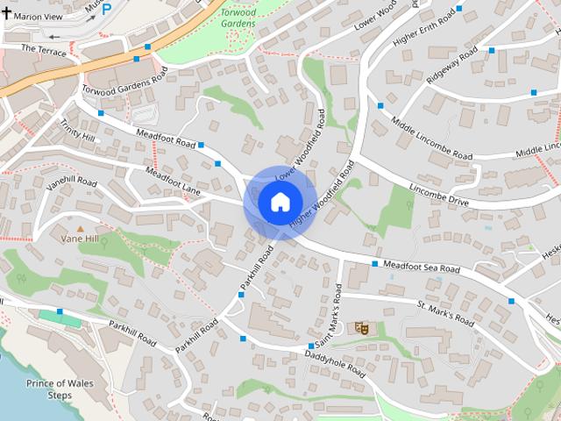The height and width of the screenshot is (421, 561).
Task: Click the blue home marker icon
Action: pos(280,203)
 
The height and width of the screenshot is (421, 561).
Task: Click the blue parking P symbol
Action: pos(107,9)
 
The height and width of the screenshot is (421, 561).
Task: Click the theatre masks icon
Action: pos(359,327)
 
